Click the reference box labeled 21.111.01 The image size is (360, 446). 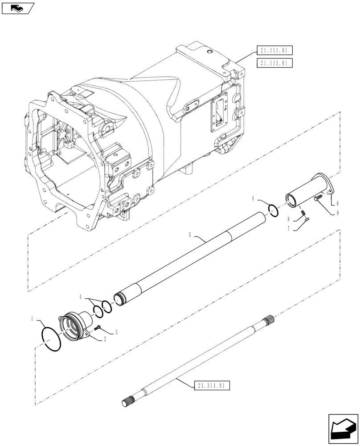coord(274,51)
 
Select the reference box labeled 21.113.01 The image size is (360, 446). coord(274,63)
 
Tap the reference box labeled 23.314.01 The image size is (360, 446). coord(212,384)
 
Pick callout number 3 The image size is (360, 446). coord(116,331)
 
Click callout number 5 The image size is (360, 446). coord(190,234)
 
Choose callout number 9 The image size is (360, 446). coord(337,213)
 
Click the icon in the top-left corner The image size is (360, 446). coord(17,8)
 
